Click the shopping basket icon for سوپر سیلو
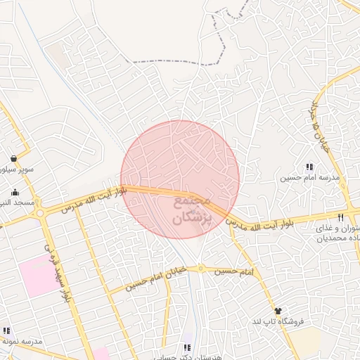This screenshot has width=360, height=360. coord(15,159)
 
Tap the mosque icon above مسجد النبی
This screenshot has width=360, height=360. coord(15,192)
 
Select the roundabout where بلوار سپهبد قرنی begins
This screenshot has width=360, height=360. coord(40,213)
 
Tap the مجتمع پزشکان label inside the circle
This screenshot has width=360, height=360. coord(182,210)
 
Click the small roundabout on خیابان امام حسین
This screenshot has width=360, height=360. coord(201,267)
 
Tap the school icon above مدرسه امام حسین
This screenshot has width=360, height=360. coord(309,167)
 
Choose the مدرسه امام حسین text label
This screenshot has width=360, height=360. coord(310,178)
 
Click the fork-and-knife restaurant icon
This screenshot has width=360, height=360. coord(341,217)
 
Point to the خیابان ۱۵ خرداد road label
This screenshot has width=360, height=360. coord(316,115)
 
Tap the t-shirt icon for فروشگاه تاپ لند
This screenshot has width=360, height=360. coord(278,310)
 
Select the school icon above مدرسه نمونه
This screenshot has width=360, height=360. coord(6,330)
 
